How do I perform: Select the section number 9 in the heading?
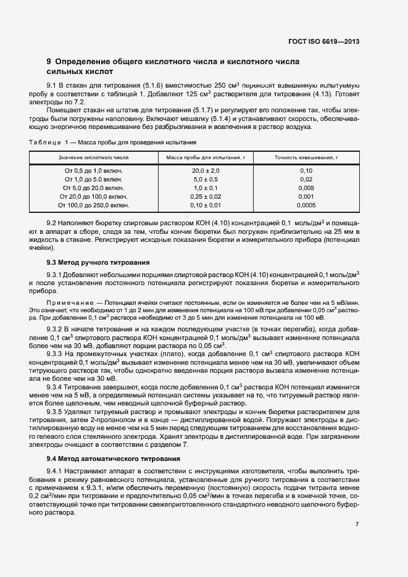coord(49,62)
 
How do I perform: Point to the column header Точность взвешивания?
coord(306,158)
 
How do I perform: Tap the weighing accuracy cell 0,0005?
coord(306,205)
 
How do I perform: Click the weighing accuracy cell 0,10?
coord(306,170)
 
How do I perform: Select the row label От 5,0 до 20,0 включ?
coord(94,188)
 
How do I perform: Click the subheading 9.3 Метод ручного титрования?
coord(98,262)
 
